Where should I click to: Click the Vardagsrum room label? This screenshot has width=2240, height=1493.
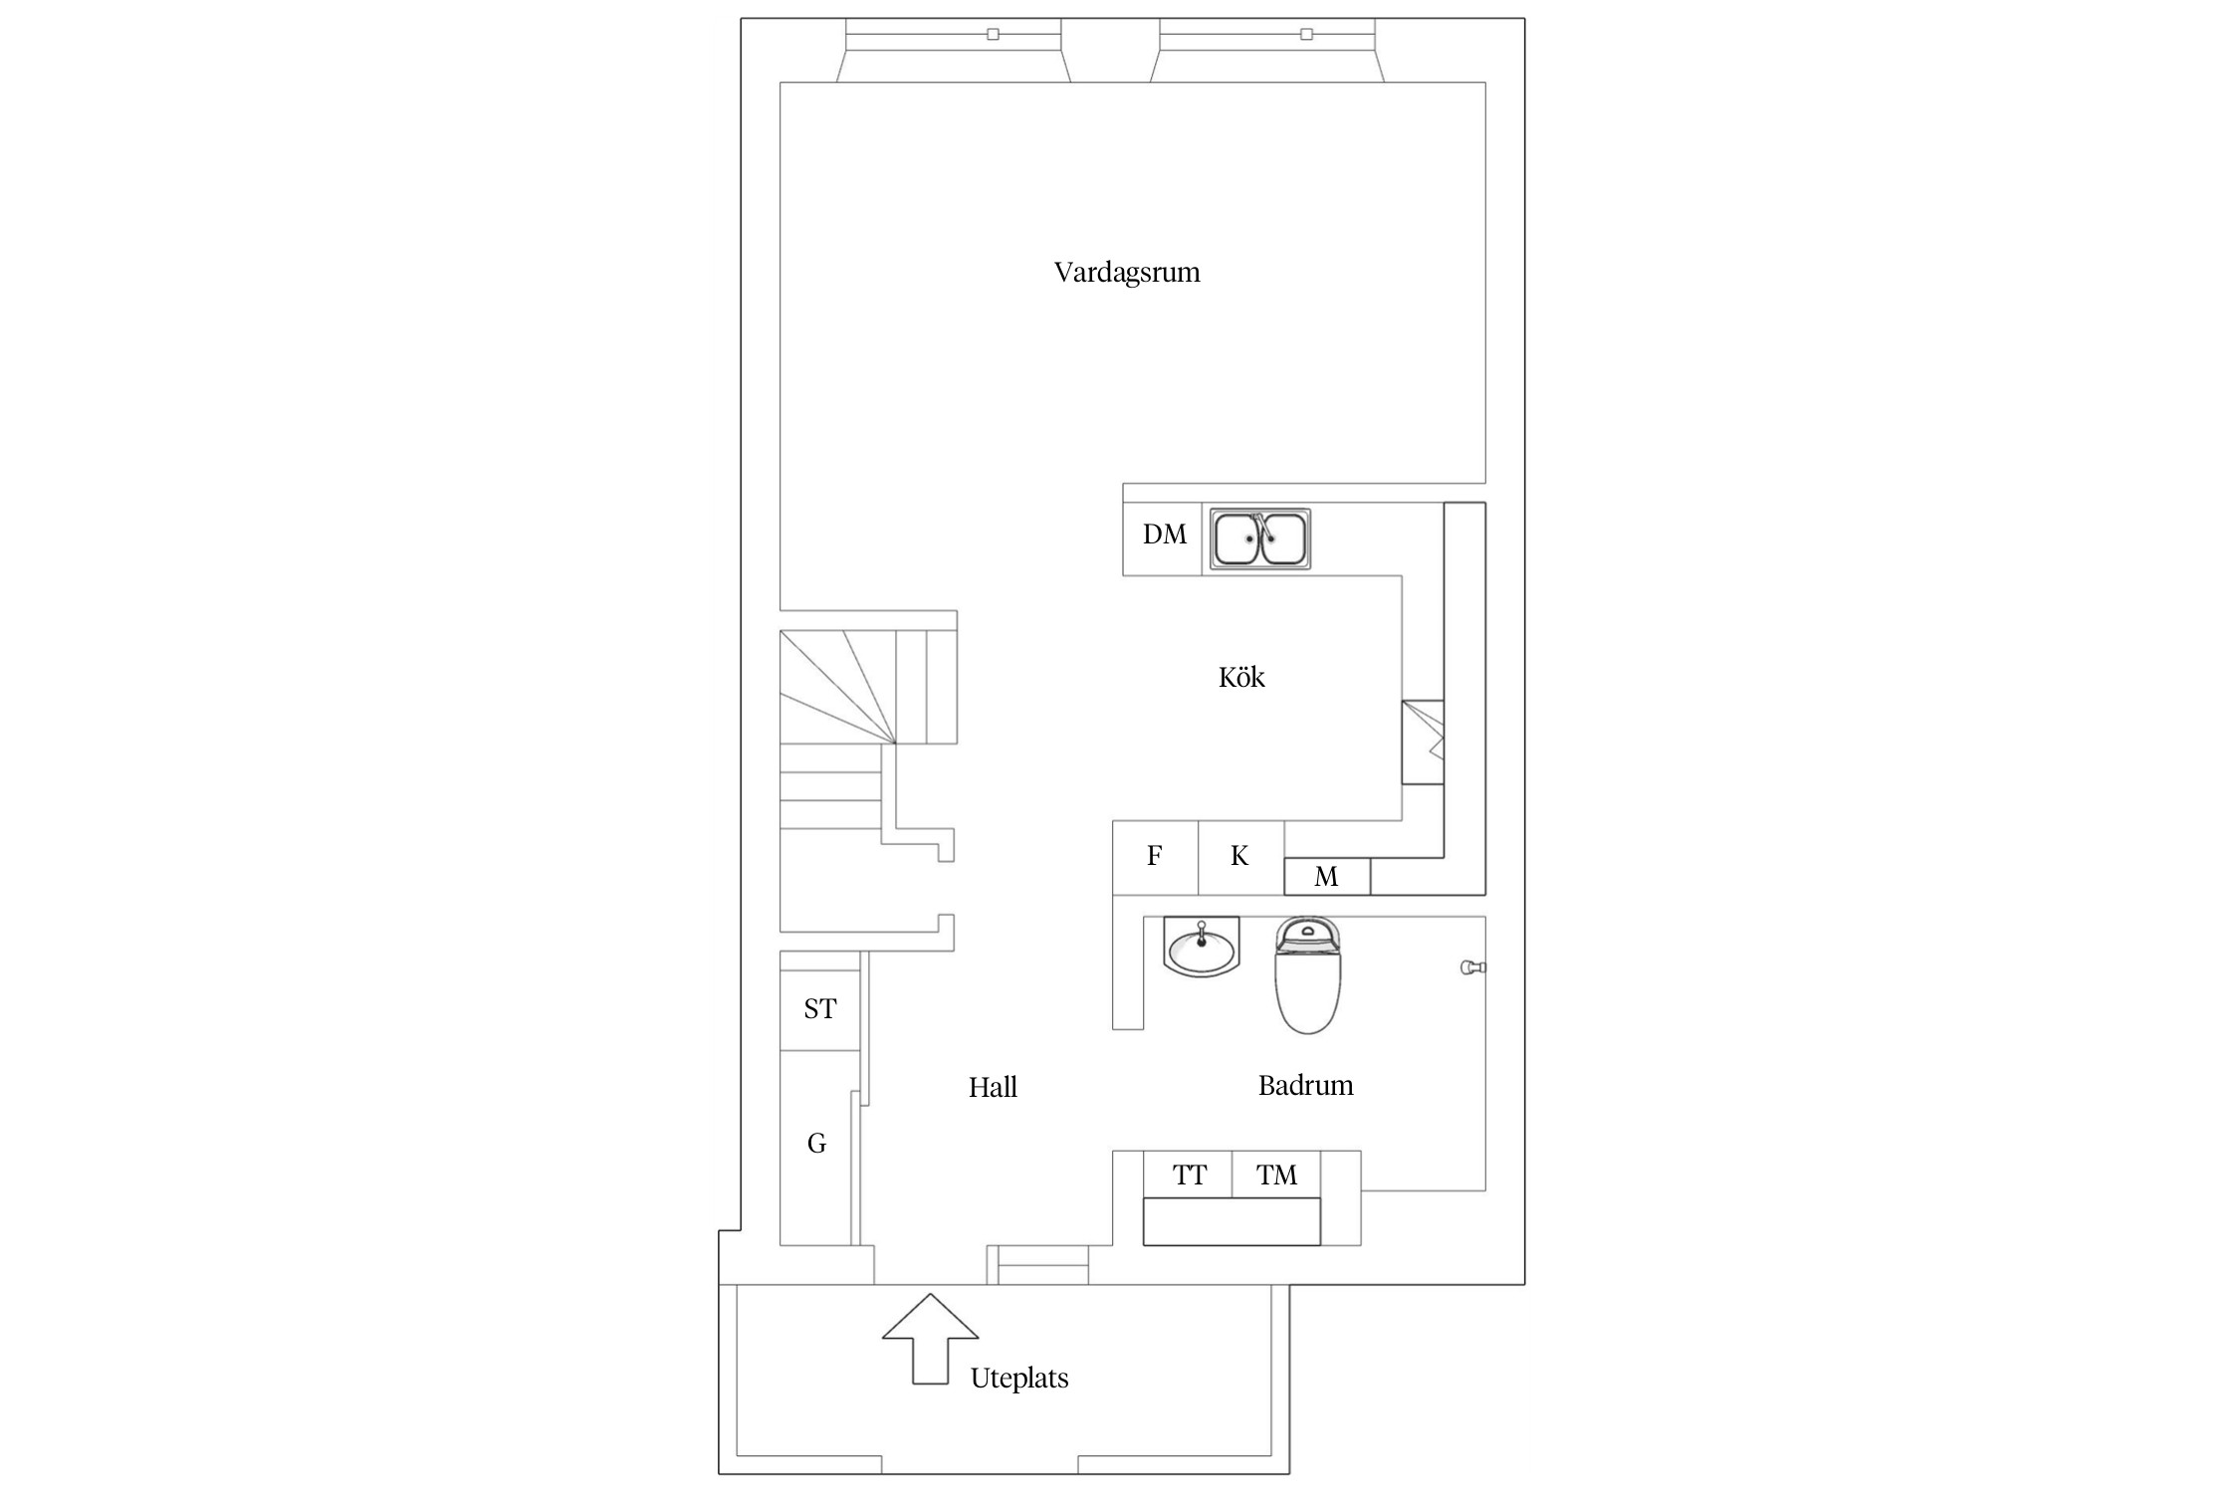[1127, 273]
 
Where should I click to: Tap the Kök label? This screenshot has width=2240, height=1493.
[1241, 678]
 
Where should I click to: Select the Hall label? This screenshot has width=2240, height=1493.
[993, 1087]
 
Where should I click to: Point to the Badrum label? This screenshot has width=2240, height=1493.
[1305, 1085]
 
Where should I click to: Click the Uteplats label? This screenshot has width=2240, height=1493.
[1019, 1379]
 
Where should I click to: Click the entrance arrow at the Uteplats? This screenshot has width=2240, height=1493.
[930, 1339]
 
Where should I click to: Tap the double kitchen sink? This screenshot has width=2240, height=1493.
[1260, 539]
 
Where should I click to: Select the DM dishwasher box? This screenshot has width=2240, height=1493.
[1163, 539]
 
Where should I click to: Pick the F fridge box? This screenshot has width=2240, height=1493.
[1155, 857]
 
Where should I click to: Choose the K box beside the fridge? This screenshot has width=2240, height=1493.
[1240, 857]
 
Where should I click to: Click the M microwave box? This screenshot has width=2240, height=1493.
[1327, 876]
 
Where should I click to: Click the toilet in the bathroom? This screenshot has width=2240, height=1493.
[1307, 975]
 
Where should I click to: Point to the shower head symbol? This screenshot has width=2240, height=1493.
[1472, 967]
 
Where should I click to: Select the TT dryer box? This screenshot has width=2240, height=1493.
[1189, 1174]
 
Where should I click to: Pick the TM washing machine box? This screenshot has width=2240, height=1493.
[1276, 1174]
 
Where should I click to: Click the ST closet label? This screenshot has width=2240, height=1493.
[819, 1009]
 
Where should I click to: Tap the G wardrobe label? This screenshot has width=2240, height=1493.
[816, 1144]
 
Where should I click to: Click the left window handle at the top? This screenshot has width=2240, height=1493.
[993, 34]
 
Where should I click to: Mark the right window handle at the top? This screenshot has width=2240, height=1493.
[1306, 34]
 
